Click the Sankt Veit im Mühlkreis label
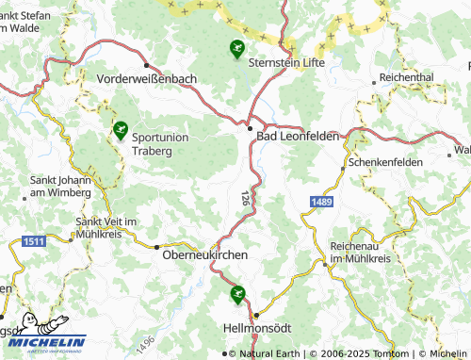107,227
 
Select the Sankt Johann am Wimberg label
61,186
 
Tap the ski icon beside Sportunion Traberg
120,130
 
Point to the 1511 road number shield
31,242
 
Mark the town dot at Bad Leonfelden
250,129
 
